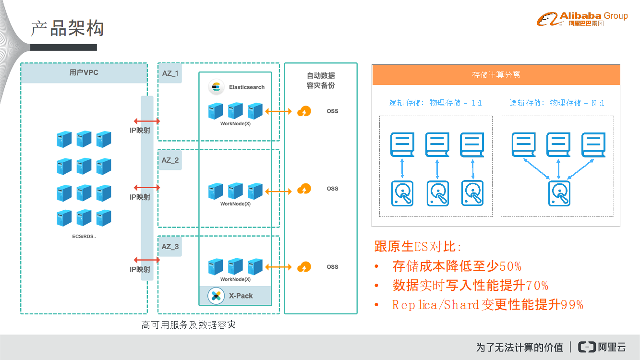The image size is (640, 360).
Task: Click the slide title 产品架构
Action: pos(68,29)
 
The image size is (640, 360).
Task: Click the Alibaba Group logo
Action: pos(582,19)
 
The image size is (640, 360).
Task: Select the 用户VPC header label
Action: pos(84,73)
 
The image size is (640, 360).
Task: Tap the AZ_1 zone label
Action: pos(170,73)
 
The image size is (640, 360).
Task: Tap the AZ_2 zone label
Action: pos(170,160)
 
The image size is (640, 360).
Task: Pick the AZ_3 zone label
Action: pos(170,247)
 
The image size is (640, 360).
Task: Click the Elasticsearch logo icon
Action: pos(216,87)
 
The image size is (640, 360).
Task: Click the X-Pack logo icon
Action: pos(216,296)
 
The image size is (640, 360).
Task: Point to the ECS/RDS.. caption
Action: pos(84,237)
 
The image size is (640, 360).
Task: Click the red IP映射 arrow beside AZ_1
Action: pos(147,121)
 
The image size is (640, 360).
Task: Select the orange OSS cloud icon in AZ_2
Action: pos(304,189)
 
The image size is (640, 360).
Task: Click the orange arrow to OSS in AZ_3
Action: pos(278,267)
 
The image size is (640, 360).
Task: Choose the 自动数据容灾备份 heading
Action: pos(321,81)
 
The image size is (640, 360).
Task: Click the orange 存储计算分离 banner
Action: pos(496,75)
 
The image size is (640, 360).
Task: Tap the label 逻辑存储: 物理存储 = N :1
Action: pos(557,103)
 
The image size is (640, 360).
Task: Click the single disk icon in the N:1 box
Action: pos(559,193)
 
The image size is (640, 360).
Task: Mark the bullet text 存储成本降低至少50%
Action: pos(457,266)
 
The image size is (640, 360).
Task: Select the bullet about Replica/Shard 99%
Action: pos(487,305)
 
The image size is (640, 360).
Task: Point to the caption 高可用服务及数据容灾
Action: pos(189,325)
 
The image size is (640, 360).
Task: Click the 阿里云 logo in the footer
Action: pos(602,347)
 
